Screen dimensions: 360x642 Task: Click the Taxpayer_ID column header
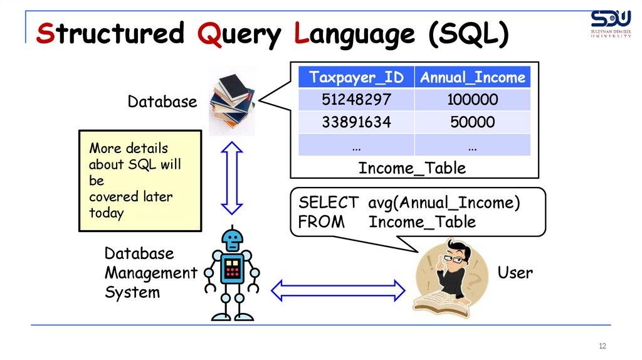(x=355, y=78)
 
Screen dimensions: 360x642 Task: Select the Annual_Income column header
(x=473, y=78)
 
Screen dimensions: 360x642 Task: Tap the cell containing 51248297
(x=355, y=100)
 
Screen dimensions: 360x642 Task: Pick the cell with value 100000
(x=473, y=100)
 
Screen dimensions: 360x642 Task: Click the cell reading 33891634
(x=355, y=122)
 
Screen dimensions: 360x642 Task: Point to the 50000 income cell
(x=473, y=122)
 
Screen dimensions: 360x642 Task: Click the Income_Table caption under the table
(x=412, y=168)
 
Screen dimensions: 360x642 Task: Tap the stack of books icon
(x=233, y=101)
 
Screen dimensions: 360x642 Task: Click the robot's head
(x=233, y=240)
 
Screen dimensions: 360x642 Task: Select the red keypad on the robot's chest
(x=233, y=268)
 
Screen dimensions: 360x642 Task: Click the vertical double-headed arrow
(x=232, y=177)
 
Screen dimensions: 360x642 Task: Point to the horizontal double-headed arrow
(x=338, y=289)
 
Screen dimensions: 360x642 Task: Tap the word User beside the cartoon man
(x=515, y=273)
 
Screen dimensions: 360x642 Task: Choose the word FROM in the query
(x=321, y=222)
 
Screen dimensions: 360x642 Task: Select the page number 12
(x=603, y=347)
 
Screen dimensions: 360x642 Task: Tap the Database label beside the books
(x=162, y=102)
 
